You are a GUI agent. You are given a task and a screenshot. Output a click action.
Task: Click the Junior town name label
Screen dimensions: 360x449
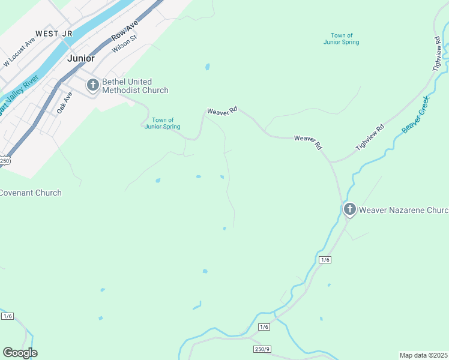click(x=81, y=58)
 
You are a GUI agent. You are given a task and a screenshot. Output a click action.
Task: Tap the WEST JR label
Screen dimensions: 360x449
click(x=55, y=34)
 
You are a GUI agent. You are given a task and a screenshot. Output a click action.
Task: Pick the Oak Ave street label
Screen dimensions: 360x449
click(x=64, y=103)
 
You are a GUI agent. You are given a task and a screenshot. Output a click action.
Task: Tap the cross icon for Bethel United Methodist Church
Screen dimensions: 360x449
click(x=92, y=85)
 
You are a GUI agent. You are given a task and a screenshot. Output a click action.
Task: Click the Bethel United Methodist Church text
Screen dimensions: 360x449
click(x=135, y=86)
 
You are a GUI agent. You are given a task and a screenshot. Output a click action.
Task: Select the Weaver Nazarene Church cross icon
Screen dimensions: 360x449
click(x=349, y=209)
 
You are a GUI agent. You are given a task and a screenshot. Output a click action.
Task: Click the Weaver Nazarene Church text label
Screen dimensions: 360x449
click(x=404, y=210)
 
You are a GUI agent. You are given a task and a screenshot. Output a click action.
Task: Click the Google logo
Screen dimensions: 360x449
click(x=20, y=353)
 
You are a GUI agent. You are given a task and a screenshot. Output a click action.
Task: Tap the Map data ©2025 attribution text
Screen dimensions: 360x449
click(x=423, y=355)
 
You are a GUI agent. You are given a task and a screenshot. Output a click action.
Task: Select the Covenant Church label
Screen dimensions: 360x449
click(x=30, y=193)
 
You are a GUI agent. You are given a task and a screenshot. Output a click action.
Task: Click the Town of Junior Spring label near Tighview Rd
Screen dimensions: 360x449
click(x=341, y=39)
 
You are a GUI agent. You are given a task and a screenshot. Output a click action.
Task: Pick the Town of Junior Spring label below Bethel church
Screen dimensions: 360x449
click(x=163, y=124)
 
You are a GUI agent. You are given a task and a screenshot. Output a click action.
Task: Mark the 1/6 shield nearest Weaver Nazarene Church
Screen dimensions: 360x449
click(x=325, y=259)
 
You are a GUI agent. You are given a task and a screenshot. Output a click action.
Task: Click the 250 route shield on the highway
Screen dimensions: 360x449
click(x=5, y=161)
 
